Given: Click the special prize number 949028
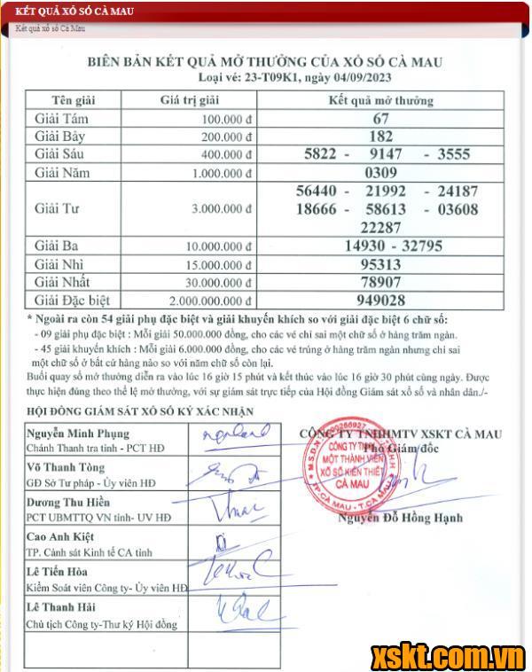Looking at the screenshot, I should [381, 300].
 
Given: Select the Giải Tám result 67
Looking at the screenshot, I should [381, 119].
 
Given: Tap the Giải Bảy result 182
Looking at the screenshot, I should [381, 137].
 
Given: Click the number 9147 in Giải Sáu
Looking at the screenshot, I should [385, 154].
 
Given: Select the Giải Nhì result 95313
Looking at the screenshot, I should [381, 264].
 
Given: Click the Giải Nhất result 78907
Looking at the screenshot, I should [381, 282].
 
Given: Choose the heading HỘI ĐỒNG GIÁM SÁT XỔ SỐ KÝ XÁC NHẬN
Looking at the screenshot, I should [140, 411].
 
